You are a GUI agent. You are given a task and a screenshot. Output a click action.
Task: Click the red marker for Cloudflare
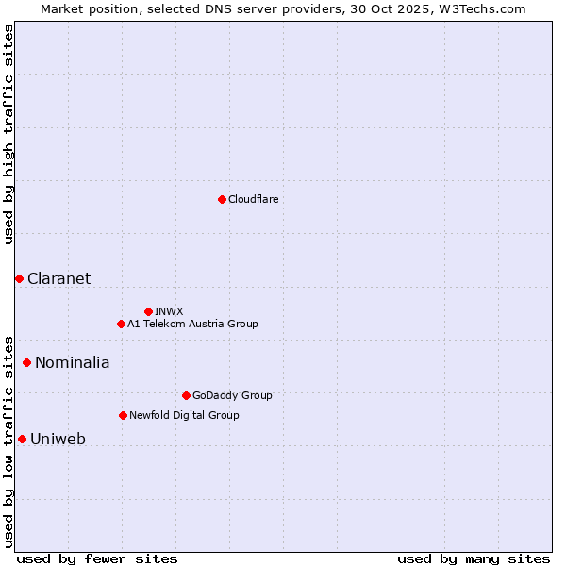click(222, 199)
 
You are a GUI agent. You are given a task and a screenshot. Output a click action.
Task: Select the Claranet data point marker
click(19, 278)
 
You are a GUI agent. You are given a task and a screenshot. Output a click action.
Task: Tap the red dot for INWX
click(148, 311)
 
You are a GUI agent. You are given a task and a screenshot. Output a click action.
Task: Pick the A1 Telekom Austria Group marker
click(121, 324)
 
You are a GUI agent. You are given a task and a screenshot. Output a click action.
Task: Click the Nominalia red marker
click(26, 362)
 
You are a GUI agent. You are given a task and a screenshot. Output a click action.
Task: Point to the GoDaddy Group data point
click(186, 395)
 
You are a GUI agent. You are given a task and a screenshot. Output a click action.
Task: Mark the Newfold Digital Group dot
click(123, 415)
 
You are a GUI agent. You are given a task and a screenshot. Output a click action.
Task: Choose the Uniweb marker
click(22, 439)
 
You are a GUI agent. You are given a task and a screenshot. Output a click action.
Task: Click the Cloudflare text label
click(253, 199)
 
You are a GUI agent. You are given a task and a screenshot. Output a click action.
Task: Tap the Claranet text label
click(58, 278)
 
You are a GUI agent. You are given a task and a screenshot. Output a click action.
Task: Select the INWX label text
click(169, 311)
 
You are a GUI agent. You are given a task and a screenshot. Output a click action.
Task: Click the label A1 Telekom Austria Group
click(192, 324)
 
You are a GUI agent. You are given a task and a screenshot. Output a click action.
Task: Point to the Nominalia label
click(72, 362)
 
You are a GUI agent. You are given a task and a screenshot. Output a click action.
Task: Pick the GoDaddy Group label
click(231, 395)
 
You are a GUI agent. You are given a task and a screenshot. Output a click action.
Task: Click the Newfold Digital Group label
click(184, 415)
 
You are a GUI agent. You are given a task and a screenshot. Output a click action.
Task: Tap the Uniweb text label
click(58, 439)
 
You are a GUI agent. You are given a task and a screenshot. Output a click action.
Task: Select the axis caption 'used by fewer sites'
click(97, 558)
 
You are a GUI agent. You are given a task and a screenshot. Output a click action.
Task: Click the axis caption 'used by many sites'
click(474, 558)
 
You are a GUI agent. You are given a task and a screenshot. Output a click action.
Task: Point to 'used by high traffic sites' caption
click(8, 134)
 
